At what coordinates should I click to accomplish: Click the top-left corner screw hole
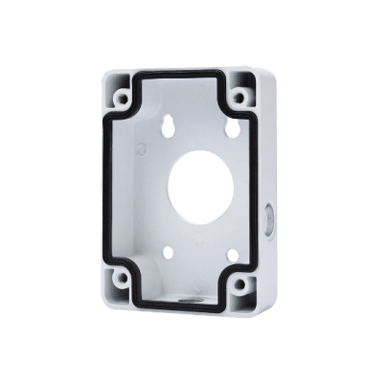123,98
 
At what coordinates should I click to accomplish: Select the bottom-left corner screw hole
122,280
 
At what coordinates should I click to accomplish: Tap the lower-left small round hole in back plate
168,253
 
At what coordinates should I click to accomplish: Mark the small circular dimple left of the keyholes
141,148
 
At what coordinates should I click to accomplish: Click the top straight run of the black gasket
187,73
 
